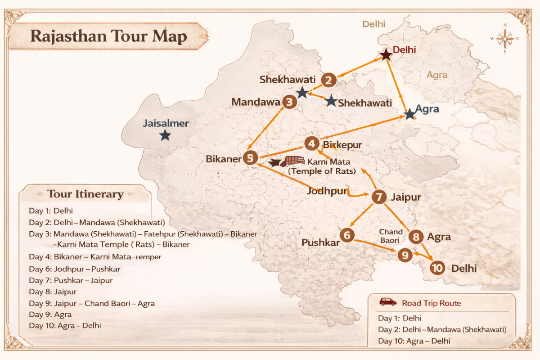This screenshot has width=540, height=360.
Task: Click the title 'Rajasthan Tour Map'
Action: (108, 36)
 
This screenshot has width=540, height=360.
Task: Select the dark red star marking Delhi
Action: (386, 55)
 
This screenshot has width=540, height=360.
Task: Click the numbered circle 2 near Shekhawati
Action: (329, 81)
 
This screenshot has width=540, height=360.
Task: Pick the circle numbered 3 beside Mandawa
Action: (289, 102)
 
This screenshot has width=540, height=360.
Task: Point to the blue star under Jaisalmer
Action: (165, 135)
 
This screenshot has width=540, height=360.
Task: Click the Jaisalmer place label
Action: (166, 123)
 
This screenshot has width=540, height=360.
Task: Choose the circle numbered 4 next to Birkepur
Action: (311, 144)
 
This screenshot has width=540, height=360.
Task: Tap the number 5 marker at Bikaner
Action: (250, 158)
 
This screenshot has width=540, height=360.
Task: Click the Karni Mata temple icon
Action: (294, 161)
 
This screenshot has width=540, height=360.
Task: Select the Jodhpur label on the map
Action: (327, 191)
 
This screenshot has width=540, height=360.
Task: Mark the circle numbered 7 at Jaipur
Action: (379, 197)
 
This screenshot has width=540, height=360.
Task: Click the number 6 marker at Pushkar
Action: (346, 234)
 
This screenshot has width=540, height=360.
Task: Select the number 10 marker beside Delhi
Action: (437, 269)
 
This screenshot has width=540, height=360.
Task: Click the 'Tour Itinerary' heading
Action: (85, 194)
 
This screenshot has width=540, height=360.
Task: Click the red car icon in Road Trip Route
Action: (387, 302)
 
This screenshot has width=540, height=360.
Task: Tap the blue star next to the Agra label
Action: (409, 115)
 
